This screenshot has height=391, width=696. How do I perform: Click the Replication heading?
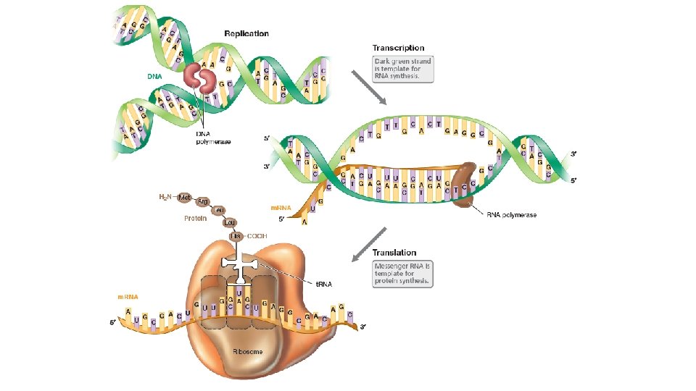[246, 33]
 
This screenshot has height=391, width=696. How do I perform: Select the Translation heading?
[394, 253]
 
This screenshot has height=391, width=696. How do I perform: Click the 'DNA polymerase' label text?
[214, 138]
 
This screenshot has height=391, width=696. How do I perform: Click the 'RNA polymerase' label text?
[511, 215]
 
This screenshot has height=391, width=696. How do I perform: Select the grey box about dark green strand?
[402, 70]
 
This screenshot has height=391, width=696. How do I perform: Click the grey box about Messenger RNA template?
[402, 273]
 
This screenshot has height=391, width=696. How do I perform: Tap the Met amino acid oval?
[184, 197]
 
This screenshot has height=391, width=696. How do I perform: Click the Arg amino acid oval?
[203, 202]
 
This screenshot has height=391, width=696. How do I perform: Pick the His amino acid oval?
[235, 236]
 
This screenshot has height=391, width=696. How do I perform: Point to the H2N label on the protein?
[166, 196]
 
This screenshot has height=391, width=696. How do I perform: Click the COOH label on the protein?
[257, 236]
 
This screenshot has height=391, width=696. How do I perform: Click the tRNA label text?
[324, 284]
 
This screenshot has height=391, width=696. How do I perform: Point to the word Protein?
[195, 217]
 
